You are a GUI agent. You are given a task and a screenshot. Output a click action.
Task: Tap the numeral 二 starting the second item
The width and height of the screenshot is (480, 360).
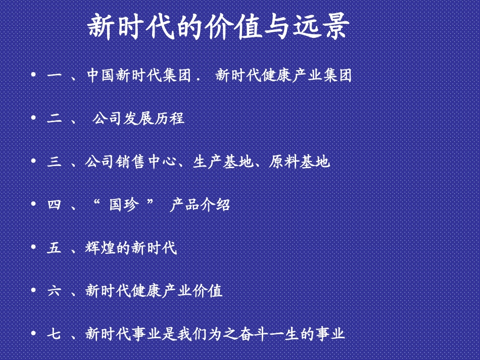point(54,119)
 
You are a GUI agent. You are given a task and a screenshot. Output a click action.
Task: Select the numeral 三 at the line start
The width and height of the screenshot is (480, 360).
point(54,162)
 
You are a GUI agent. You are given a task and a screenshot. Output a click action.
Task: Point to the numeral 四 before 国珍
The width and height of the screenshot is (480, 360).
point(54,205)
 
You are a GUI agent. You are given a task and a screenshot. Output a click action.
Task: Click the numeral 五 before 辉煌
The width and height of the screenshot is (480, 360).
point(54,248)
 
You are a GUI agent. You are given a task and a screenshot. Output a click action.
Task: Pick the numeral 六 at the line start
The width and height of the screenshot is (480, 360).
point(54,291)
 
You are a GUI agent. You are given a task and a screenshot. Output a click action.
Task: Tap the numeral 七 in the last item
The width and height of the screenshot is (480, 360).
point(54,334)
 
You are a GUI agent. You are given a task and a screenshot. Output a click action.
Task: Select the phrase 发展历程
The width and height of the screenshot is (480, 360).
point(154,119)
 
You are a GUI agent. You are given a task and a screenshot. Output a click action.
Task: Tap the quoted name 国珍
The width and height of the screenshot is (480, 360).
point(123,205)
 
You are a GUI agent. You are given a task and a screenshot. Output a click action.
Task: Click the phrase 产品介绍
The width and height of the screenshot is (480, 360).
point(200,205)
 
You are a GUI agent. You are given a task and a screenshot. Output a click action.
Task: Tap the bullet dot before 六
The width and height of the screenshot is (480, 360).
point(33,290)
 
